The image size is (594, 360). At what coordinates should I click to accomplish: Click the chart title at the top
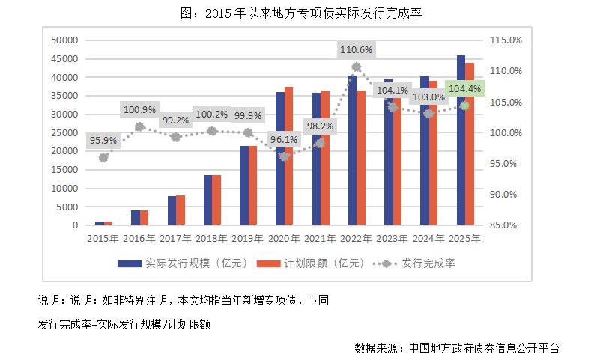point(297,14)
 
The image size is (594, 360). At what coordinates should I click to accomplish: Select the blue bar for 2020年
point(279,159)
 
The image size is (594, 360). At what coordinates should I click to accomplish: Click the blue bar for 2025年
point(461,140)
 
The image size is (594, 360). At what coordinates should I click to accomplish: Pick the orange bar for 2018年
point(216,200)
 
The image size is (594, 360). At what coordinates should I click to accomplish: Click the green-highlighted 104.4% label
point(465,89)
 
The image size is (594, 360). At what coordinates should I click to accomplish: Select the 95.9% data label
point(103,140)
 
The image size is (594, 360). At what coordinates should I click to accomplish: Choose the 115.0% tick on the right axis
point(503,40)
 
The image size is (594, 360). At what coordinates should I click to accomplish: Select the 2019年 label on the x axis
point(246,239)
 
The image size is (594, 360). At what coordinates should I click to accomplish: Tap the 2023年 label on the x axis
point(392,239)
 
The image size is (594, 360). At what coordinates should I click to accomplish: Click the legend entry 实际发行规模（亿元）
point(181,263)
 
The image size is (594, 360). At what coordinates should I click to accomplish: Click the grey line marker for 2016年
point(139,127)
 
